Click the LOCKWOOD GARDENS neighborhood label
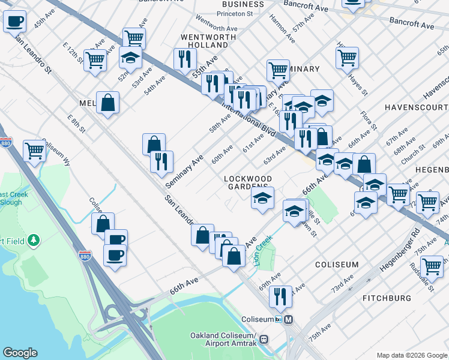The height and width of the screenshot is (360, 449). [x=248, y=182]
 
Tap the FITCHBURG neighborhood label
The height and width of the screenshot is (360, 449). [x=387, y=298]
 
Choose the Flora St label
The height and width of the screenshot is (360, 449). [x=369, y=119]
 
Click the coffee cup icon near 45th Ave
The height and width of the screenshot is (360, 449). [x=15, y=22]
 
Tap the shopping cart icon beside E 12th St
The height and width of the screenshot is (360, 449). [x=95, y=60]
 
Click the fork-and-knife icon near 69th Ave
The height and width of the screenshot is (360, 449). [x=280, y=295]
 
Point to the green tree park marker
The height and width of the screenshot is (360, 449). [x=34, y=241]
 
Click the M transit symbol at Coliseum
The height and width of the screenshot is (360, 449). [x=289, y=319]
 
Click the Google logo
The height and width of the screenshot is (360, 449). [x=20, y=353]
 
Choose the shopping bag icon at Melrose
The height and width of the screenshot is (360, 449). [x=107, y=102]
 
